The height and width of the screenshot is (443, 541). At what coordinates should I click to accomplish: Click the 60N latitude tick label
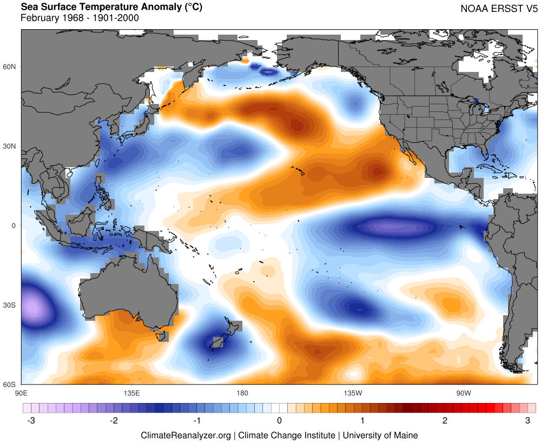click(x=10, y=67)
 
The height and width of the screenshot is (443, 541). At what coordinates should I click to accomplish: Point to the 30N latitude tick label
click(x=10, y=146)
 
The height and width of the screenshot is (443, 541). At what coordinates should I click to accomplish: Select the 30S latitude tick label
click(x=10, y=305)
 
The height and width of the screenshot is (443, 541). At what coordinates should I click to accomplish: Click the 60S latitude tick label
click(x=10, y=385)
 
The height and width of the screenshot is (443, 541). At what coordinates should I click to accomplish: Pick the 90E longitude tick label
click(x=22, y=392)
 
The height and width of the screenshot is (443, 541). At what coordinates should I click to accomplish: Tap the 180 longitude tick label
click(x=242, y=392)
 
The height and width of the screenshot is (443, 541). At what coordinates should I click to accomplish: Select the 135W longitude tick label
click(x=353, y=392)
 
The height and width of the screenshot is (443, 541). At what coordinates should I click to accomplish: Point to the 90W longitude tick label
click(x=463, y=392)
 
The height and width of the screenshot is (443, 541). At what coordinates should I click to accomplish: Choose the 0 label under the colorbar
click(x=279, y=420)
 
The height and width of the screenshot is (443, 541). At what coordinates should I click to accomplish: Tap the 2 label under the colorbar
click(x=445, y=420)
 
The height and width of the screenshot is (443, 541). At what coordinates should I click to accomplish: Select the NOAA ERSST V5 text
click(x=499, y=9)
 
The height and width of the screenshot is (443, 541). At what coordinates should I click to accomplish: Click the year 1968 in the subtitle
click(x=68, y=18)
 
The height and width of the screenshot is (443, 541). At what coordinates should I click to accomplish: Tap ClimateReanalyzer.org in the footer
click(x=186, y=435)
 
